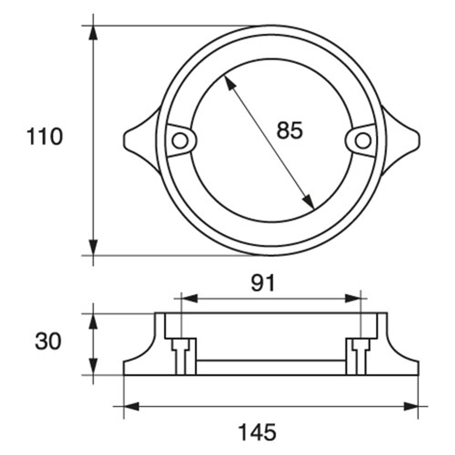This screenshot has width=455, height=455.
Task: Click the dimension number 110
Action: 45,137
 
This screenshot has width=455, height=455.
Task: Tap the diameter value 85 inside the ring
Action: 289,130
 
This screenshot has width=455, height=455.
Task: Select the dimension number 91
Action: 263,283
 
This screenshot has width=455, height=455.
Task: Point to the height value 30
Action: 48,341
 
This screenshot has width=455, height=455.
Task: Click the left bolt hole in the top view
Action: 180,141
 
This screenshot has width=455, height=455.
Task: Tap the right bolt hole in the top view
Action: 363,141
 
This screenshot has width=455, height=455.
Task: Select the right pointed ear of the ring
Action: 400,141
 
